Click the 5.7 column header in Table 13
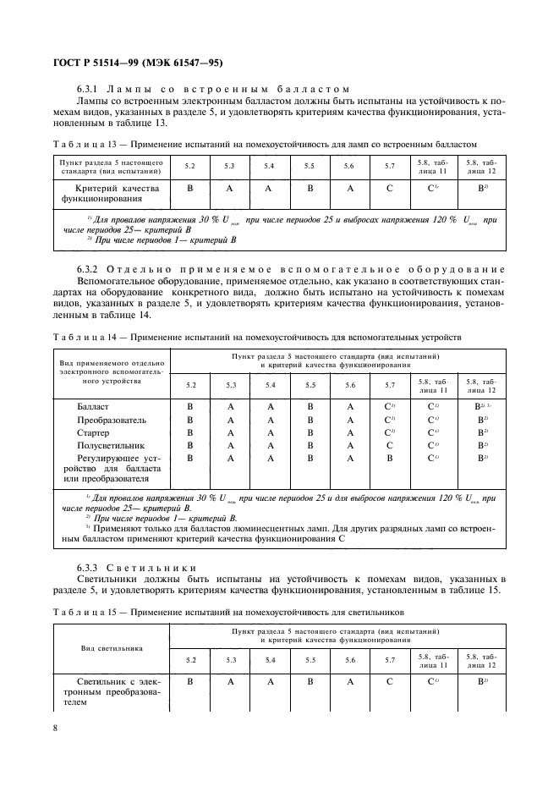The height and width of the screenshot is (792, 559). click(390, 166)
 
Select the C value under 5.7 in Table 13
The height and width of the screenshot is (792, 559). click(390, 188)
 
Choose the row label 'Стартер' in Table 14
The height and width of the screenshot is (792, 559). click(93, 432)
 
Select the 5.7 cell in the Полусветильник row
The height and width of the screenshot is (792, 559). click(390, 444)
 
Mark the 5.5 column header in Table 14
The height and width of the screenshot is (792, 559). click(310, 385)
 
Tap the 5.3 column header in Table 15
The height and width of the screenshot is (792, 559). click(230, 659)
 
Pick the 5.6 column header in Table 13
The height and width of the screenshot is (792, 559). click(349, 166)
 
